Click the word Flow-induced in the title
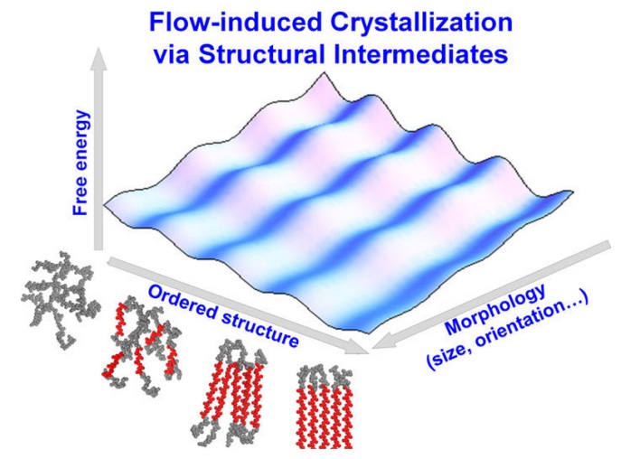(235, 23)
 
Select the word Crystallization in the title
(421, 23)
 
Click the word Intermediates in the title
(420, 54)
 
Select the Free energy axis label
(80, 163)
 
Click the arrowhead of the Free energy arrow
(99, 60)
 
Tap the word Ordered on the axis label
(183, 303)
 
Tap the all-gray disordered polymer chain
(61, 299)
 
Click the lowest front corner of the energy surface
(368, 332)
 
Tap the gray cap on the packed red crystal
(324, 377)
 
